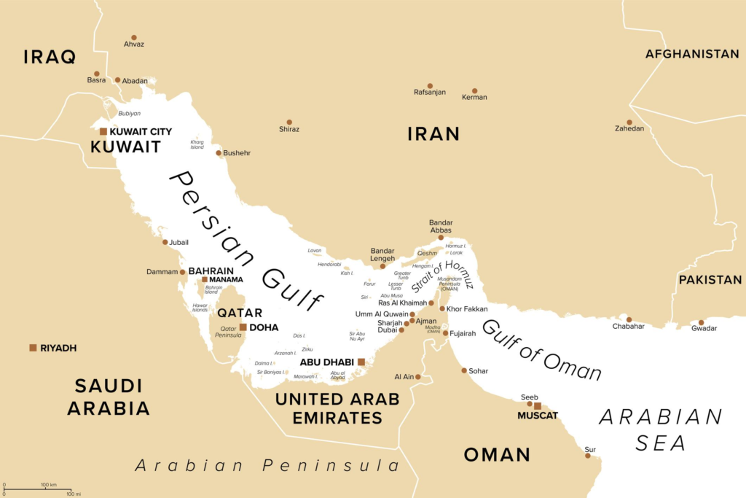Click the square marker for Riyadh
coord(33,348)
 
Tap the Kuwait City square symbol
coord(103,132)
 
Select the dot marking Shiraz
coord(289,122)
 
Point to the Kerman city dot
coord(475,90)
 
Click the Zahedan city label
coord(629,128)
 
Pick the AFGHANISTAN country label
coord(691,54)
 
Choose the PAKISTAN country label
coord(710,279)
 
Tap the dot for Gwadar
coord(702,322)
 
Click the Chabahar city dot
coord(629,319)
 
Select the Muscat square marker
coord(538,406)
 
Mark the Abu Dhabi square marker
coord(361,362)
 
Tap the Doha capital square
coord(243,327)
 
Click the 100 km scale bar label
coord(49,485)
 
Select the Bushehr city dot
coord(218,153)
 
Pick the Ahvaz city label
coord(133,44)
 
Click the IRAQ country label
coord(50,57)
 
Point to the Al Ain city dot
coord(418,377)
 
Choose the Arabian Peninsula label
coord(267,465)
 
